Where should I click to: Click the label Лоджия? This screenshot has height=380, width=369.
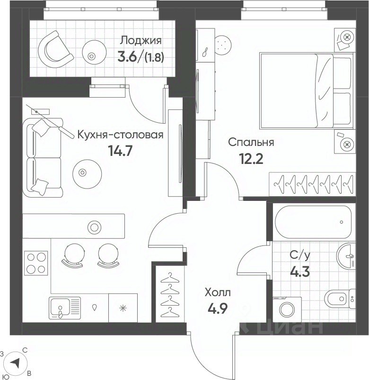[x=141, y=40]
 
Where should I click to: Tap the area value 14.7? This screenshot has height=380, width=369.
[x=120, y=151]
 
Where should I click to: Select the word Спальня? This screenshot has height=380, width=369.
[x=251, y=142]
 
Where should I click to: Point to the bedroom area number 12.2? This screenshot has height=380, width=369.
[x=251, y=159]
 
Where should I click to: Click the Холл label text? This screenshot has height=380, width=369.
[x=218, y=292]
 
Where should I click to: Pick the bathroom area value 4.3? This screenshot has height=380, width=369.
[x=300, y=272]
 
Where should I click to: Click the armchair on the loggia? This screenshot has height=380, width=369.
[x=55, y=49]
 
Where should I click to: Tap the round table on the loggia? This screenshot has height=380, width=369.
[x=94, y=51]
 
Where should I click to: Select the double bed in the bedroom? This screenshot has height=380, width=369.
[x=306, y=90]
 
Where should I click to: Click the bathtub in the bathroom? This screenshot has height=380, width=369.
[x=314, y=222]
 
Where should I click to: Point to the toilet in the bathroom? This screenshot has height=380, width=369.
[x=340, y=299]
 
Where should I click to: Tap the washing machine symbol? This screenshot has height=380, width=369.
[x=287, y=309]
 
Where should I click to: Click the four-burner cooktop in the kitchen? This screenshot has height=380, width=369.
[x=36, y=262]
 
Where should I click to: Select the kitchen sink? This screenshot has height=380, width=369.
[x=65, y=308]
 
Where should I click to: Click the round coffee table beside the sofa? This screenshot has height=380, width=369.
[x=87, y=174]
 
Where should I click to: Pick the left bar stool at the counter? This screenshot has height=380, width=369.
[x=75, y=255]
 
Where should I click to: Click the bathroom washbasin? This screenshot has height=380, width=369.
[x=346, y=256]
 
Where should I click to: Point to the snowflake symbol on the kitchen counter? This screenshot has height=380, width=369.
[x=123, y=308]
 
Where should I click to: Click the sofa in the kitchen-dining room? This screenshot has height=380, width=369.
[x=43, y=157]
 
